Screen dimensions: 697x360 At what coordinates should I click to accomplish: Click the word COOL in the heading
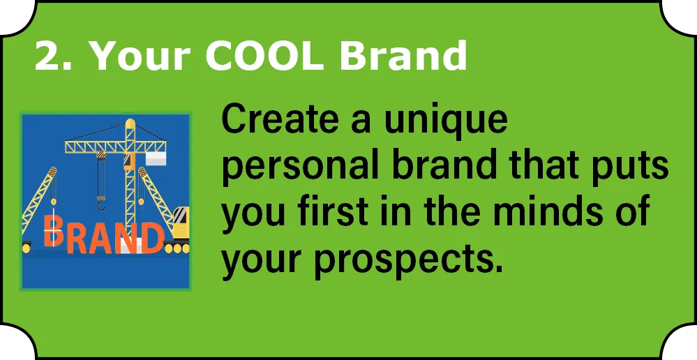tap(264, 56)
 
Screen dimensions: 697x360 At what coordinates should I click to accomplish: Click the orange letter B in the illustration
tap(52, 230)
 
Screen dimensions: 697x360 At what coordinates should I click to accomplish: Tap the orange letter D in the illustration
tap(152, 238)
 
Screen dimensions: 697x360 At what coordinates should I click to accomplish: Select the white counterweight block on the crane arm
tap(156, 158)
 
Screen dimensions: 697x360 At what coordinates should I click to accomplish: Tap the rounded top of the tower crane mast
tap(130, 123)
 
